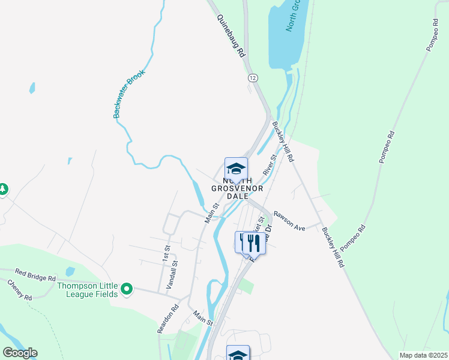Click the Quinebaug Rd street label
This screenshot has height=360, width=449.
point(232,37)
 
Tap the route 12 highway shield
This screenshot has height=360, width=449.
point(252,78)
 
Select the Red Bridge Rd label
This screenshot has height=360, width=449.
point(35,275)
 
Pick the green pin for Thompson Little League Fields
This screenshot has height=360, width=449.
point(126,290)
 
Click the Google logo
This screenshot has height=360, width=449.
point(20,352)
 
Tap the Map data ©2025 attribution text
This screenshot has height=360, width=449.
point(423,355)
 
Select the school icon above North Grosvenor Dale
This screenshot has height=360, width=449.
point(236,168)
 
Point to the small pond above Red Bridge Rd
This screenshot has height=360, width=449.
point(70,272)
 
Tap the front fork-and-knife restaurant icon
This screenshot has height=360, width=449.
point(254,242)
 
